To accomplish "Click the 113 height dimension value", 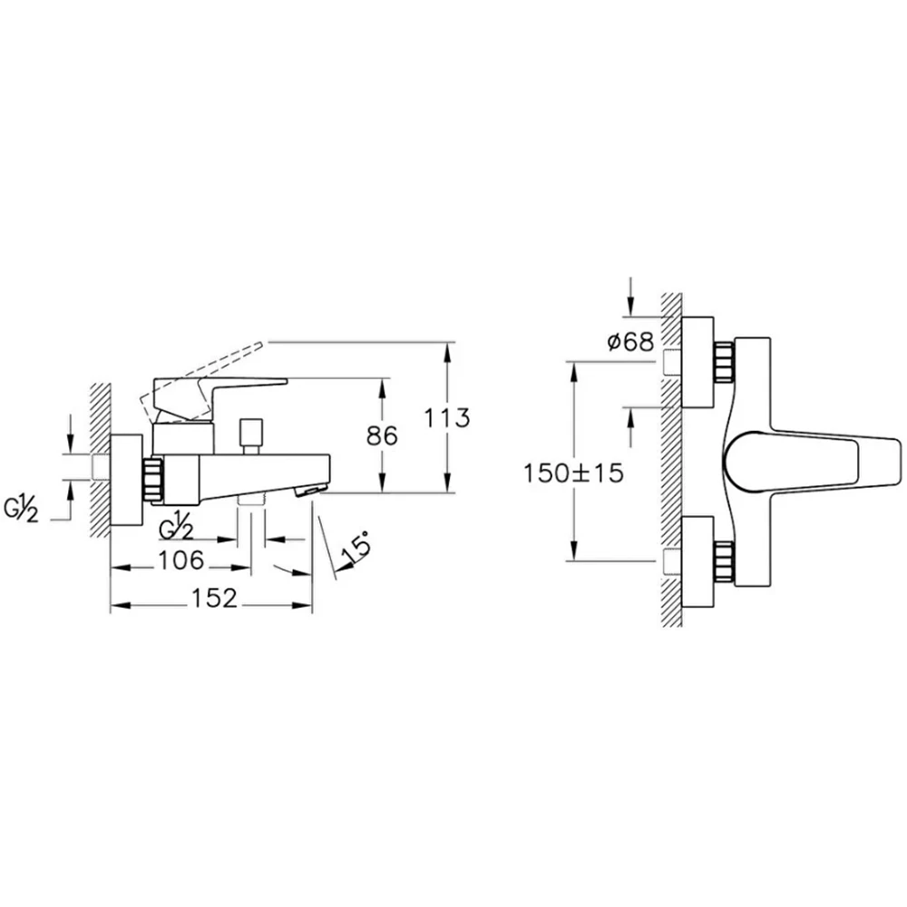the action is tap(447, 417).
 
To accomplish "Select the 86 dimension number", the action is tap(383, 435).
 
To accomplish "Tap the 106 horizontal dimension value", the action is tap(181, 560).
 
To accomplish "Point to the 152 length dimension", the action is tap(214, 598).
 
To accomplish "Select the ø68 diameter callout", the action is tap(630, 342).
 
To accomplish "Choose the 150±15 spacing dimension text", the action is tap(574, 473).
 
